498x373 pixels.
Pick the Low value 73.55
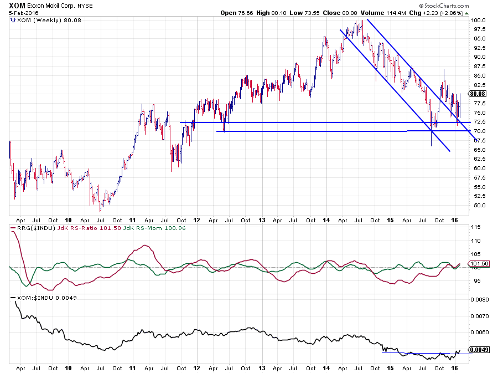pos(313,13)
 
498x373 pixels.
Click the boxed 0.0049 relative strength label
pos(479,350)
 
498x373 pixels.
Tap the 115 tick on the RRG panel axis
pos(475,228)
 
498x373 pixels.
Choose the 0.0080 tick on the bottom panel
pos(479,300)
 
